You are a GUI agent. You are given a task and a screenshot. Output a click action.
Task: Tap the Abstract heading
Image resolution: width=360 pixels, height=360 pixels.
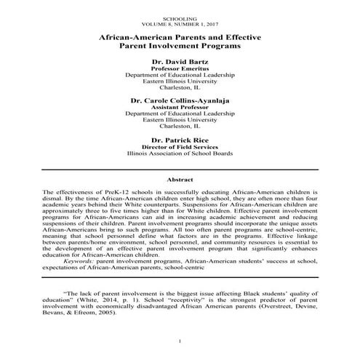(x=180, y=178)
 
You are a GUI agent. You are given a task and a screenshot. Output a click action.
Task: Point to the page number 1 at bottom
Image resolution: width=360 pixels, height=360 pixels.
(x=180, y=341)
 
